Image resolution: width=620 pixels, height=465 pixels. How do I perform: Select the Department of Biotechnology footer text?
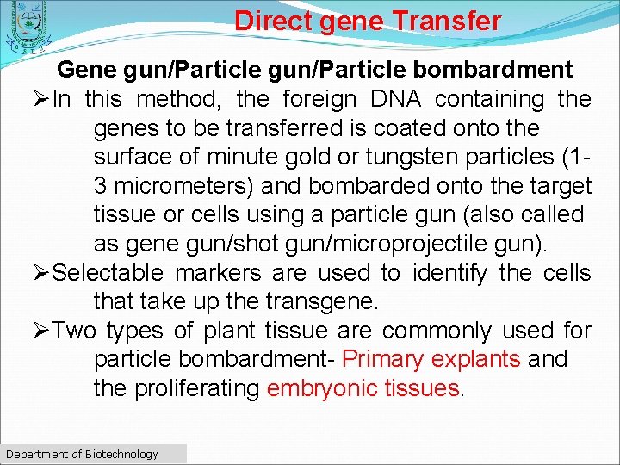tap(82, 454)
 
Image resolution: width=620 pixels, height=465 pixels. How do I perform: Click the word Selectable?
tap(108, 274)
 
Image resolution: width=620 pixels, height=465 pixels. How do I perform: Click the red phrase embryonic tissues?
tap(363, 388)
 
